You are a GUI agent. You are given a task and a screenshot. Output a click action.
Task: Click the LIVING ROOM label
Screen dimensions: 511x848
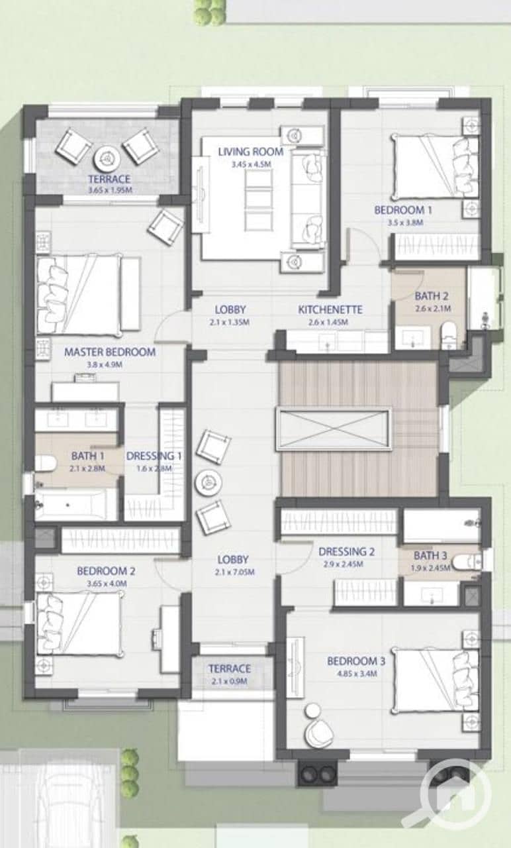[x=251, y=152]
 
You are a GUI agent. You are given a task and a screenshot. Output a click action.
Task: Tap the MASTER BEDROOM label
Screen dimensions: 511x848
[x=110, y=352]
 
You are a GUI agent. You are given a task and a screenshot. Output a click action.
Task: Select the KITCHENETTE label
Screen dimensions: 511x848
[x=330, y=309]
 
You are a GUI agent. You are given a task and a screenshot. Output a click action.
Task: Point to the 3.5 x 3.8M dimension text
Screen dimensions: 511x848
[x=405, y=223]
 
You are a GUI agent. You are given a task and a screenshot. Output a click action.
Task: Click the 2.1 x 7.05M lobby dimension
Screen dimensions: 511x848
[x=234, y=572]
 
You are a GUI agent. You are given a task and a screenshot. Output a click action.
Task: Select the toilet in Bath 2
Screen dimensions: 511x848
[x=449, y=335]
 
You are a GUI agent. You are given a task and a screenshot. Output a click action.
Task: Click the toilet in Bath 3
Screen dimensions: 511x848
[x=467, y=562]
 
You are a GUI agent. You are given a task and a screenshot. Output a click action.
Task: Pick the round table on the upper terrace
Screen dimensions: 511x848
[x=107, y=158]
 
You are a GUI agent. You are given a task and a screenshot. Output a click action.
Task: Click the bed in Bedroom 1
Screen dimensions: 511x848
[x=436, y=166]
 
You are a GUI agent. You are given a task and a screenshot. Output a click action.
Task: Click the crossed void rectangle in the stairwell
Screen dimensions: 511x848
[x=333, y=429]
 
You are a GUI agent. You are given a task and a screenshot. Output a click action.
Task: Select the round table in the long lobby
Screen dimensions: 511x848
[x=209, y=482]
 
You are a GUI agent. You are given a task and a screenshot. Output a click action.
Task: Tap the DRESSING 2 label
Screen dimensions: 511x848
[x=346, y=552]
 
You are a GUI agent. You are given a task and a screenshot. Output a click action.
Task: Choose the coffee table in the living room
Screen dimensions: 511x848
[x=258, y=200]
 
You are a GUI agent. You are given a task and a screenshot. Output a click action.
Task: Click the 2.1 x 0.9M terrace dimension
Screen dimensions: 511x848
[x=230, y=681]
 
